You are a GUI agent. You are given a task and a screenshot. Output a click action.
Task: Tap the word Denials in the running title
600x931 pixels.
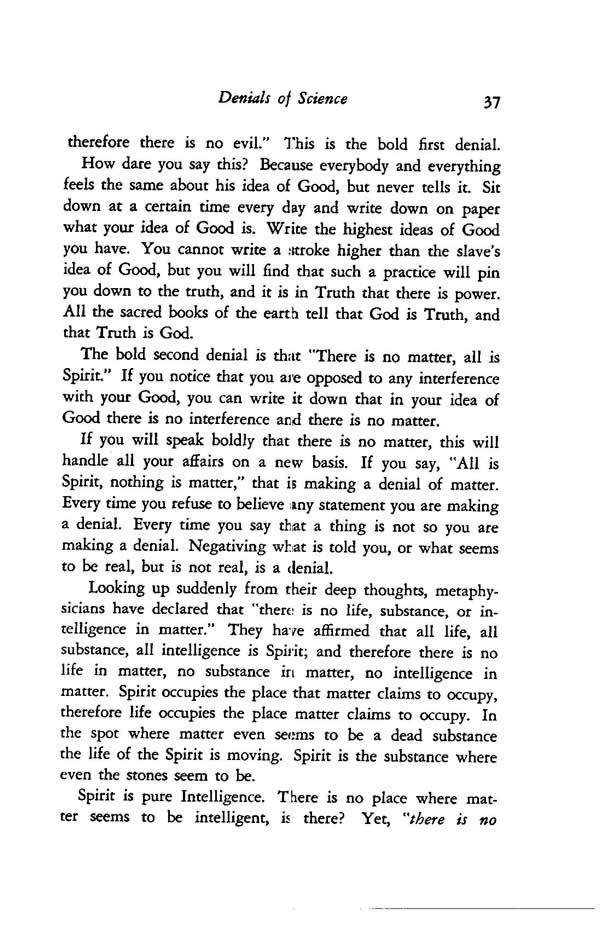250,98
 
